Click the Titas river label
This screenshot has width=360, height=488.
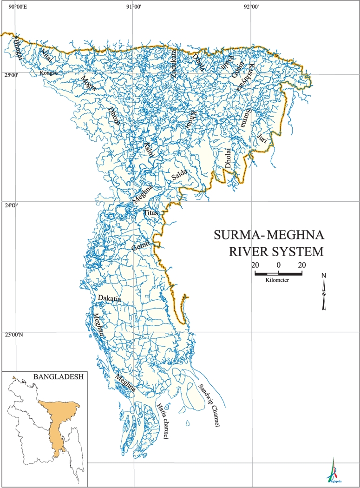(x=151, y=212)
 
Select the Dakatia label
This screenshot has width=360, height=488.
(x=109, y=299)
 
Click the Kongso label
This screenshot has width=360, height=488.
(x=48, y=73)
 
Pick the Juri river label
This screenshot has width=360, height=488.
(x=262, y=140)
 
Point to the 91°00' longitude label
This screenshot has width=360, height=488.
(x=134, y=6)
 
